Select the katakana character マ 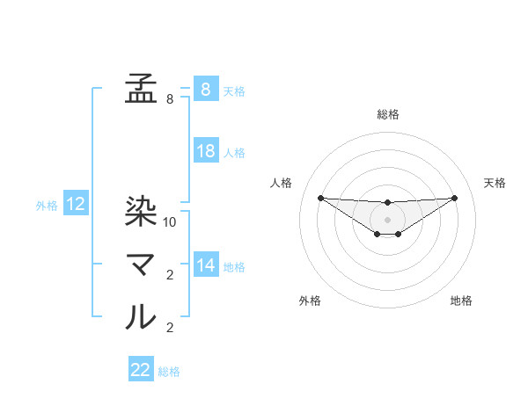click(141, 264)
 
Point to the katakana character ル click(141, 315)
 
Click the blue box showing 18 click(206, 151)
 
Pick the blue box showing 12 click(76, 205)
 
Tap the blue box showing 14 click(206, 265)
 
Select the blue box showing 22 click(141, 370)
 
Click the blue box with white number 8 click(206, 90)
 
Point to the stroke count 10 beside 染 click(170, 222)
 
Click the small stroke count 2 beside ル click(170, 328)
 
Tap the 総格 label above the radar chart click(387, 114)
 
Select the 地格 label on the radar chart click(461, 301)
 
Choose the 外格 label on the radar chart click(310, 301)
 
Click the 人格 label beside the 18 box click(234, 153)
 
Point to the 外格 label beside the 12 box click(47, 206)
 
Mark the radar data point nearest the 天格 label click(454, 198)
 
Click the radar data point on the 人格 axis click(320, 198)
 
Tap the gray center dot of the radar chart click(387, 219)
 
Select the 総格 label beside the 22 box click(169, 372)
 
